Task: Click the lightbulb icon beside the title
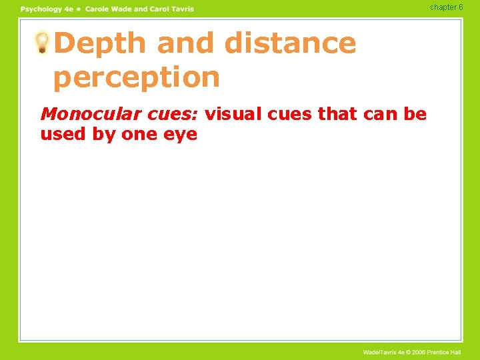[41, 43]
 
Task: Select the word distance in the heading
[290, 43]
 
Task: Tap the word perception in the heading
[136, 77]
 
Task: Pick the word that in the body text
[338, 114]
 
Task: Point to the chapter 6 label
[446, 7]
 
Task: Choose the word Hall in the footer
[456, 352]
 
